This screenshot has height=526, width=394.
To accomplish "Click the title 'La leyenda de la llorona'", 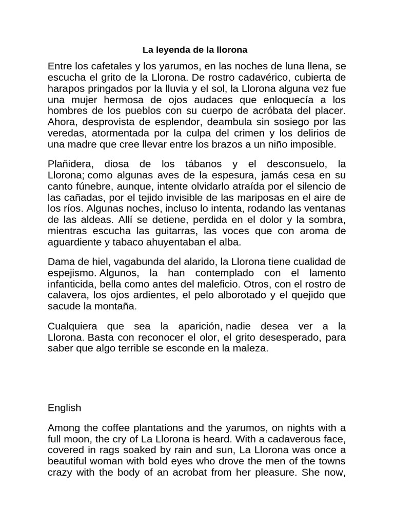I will click(x=194, y=50).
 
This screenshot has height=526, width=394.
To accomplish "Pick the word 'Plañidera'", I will click(x=70, y=164).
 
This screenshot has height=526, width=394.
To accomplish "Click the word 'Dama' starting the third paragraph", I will click(x=60, y=262).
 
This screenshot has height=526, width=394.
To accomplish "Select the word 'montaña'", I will click(x=120, y=306).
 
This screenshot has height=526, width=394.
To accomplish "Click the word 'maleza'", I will click(x=252, y=348).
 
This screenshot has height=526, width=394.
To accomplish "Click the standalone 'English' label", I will click(x=64, y=408).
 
